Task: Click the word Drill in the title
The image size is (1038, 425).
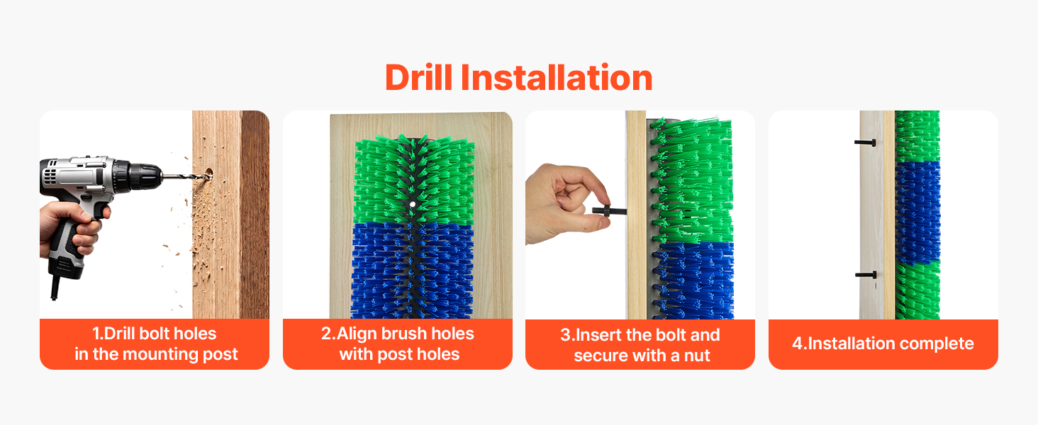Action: coord(419,77)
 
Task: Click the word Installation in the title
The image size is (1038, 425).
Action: coord(557,77)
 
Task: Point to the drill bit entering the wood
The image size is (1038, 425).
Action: coord(185,176)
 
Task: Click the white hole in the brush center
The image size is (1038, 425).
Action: coord(413,204)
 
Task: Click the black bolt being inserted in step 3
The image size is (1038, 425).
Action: coord(609,211)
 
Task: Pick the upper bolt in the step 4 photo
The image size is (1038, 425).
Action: coord(865,142)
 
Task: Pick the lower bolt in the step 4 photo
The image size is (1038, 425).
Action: coord(866,275)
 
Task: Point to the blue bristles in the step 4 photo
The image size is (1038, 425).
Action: coord(917,213)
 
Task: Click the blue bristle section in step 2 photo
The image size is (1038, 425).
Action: coord(413,271)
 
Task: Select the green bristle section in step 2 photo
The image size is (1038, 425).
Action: coord(414,180)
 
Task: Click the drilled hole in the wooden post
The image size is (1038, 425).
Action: coord(209,174)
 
